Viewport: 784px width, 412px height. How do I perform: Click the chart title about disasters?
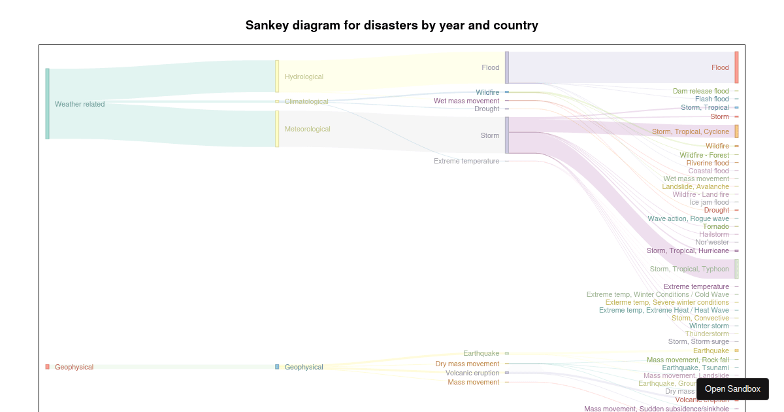click(392, 26)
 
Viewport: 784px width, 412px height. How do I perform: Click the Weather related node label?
click(80, 104)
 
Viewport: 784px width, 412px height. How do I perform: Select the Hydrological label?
click(304, 77)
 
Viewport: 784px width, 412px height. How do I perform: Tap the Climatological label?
click(306, 101)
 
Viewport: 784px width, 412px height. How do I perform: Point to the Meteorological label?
click(307, 129)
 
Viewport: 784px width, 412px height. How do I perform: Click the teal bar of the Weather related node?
click(47, 103)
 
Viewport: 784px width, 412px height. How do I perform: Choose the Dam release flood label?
click(700, 91)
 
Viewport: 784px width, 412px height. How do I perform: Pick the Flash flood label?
click(711, 99)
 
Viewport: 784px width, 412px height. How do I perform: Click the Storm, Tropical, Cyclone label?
click(690, 131)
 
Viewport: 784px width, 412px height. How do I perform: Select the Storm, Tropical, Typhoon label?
click(689, 269)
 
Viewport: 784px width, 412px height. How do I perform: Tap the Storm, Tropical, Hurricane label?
click(687, 250)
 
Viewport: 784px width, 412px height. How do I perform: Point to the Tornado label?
click(715, 226)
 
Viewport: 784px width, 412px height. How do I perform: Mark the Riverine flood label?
click(708, 163)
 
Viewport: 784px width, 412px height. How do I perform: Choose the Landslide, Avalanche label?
click(695, 186)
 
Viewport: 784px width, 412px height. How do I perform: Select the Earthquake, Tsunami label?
click(695, 368)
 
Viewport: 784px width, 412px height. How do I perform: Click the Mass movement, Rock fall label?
click(687, 360)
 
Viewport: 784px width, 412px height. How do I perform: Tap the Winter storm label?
click(709, 326)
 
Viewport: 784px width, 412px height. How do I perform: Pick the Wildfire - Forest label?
click(704, 155)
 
